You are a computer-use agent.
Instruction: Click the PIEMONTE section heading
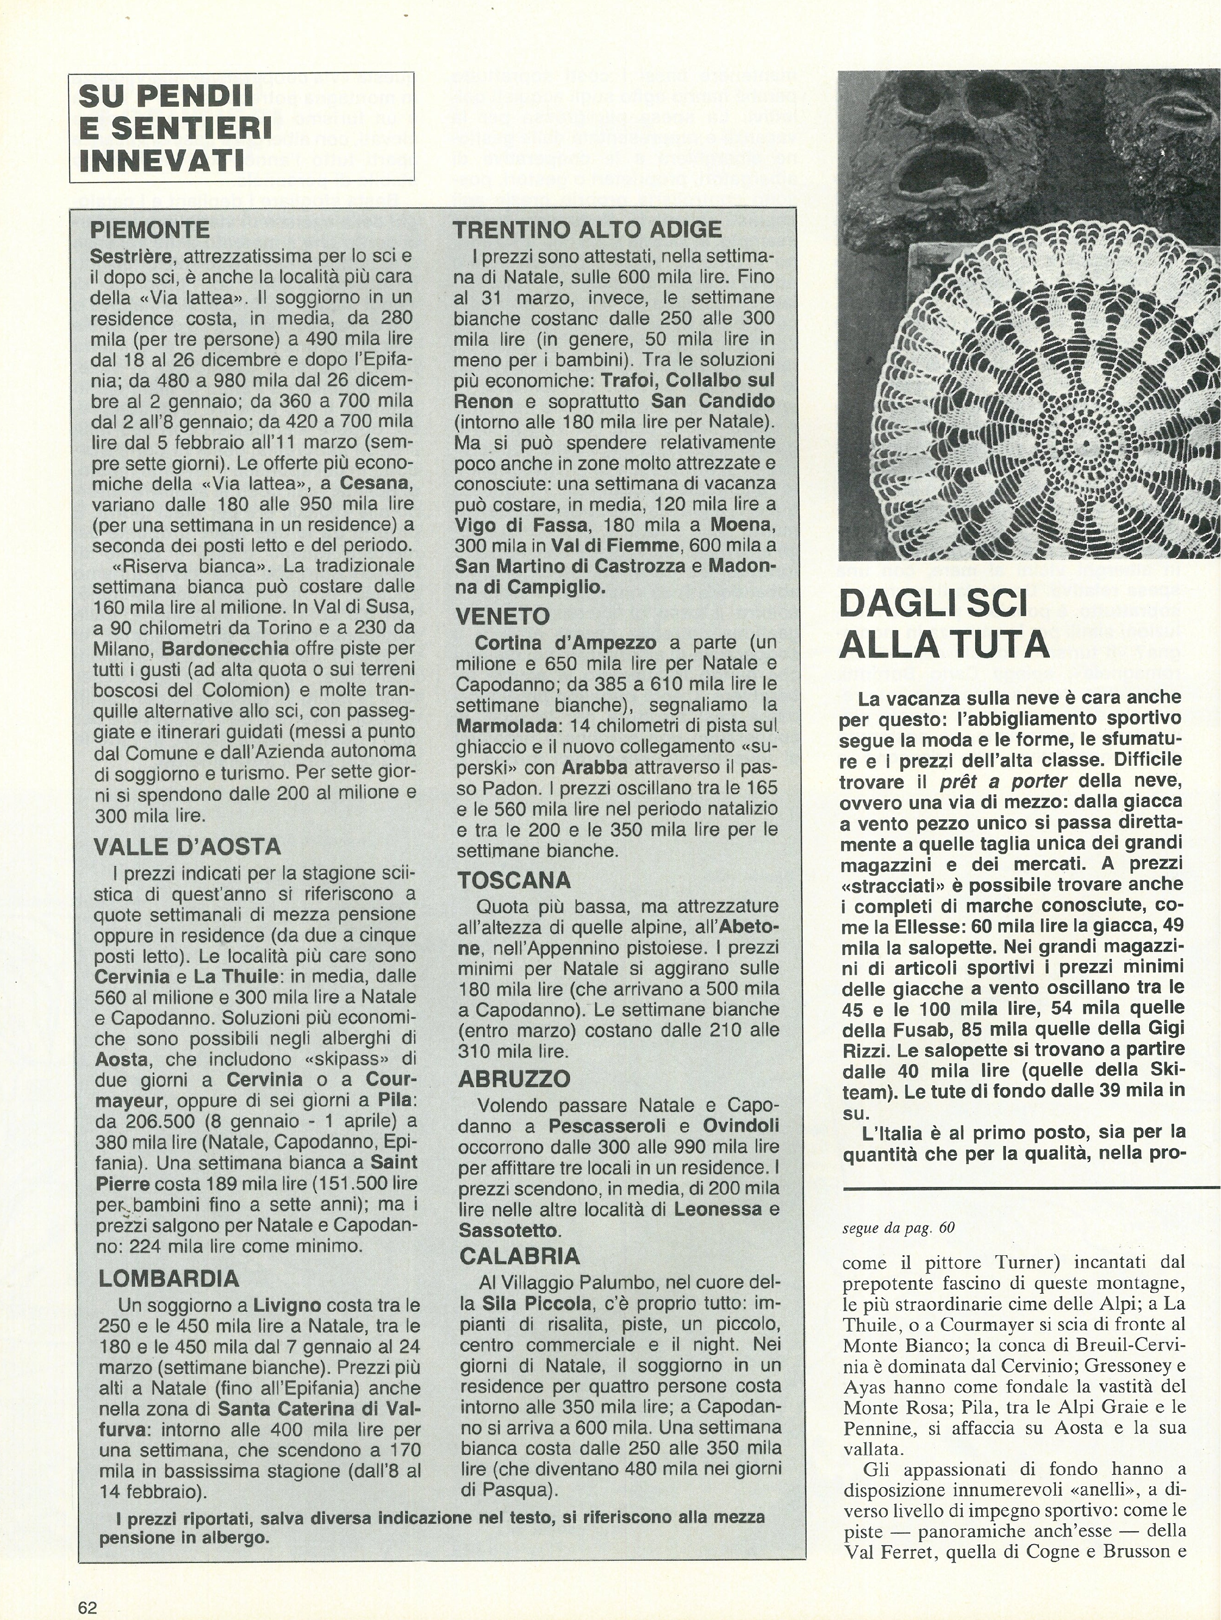pyautogui.click(x=149, y=231)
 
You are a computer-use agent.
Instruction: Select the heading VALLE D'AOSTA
pyautogui.click(x=187, y=847)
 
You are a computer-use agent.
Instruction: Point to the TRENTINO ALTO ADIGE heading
pyautogui.click(x=587, y=230)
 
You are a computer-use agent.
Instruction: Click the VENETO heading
pyautogui.click(x=502, y=617)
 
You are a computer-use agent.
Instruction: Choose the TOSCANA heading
pyautogui.click(x=514, y=880)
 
